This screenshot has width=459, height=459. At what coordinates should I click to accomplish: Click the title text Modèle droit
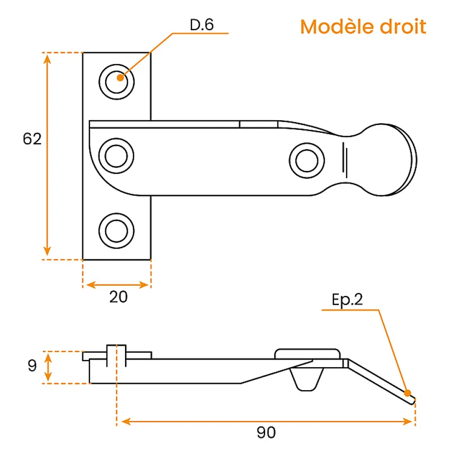click(363, 26)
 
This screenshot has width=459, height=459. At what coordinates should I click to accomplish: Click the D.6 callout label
click(202, 25)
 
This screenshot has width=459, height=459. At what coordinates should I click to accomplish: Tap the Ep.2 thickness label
click(347, 300)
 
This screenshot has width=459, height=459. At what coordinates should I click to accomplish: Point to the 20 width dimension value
click(118, 296)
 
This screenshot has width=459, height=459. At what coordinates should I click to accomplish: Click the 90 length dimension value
click(266, 432)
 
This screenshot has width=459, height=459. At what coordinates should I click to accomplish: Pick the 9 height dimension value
click(32, 366)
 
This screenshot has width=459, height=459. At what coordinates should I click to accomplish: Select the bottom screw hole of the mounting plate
click(116, 229)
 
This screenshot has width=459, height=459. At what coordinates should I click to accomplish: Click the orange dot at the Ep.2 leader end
click(408, 393)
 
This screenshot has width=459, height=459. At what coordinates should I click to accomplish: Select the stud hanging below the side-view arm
click(307, 379)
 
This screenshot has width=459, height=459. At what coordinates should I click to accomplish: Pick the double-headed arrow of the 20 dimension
click(117, 284)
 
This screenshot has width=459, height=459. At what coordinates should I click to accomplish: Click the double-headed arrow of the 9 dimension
click(48, 367)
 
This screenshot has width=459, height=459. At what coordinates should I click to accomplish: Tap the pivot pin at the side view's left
click(117, 355)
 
